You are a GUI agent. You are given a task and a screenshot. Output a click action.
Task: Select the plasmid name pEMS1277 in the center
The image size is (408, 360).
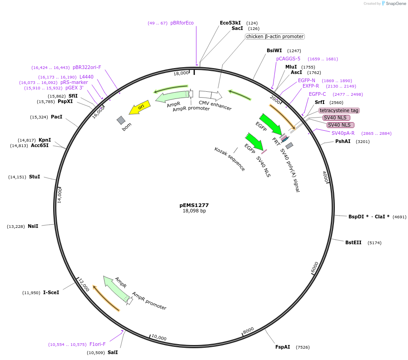(194, 205)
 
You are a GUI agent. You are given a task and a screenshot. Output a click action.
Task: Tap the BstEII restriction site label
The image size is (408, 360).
(353, 242)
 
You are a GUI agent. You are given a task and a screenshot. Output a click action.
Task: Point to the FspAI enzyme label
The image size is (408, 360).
(283, 347)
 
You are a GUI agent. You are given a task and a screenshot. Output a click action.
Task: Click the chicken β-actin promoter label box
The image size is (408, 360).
(275, 36)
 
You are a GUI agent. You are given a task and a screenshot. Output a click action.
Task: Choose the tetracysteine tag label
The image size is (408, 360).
(339, 110)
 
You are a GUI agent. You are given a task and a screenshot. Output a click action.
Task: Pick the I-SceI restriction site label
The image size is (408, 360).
(51, 292)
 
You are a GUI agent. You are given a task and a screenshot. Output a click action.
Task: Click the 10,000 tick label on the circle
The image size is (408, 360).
(159, 338)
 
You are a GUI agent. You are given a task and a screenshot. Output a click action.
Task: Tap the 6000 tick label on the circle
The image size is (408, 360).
(315, 267)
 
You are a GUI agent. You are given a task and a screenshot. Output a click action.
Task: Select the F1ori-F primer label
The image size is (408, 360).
(97, 344)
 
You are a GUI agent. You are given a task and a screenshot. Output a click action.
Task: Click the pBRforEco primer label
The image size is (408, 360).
(182, 23)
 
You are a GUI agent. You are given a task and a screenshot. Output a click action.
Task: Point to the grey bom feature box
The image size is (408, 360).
(121, 120)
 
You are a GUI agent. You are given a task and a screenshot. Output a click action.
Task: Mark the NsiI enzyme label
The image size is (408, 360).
(33, 226)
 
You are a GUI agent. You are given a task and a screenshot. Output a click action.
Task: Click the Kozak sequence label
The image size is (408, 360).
(230, 159)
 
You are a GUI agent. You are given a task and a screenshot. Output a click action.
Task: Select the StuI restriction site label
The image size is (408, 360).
(35, 177)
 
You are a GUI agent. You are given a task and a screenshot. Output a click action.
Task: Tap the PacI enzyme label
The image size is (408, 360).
(56, 117)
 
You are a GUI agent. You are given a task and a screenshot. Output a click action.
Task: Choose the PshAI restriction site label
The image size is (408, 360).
(343, 141)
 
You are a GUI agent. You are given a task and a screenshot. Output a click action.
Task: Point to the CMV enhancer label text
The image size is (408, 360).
(215, 106)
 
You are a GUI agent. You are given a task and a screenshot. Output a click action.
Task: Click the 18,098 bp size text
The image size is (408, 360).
(194, 211)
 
